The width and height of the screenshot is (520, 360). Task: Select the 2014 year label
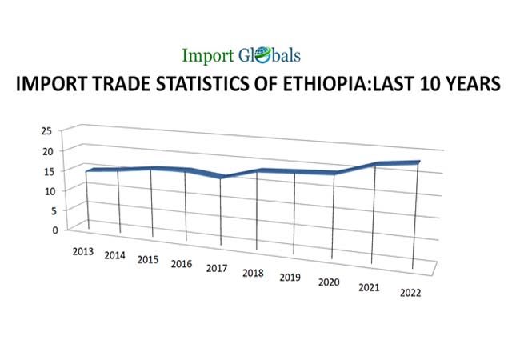(115, 255)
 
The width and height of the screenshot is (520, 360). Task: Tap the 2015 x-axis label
(148, 259)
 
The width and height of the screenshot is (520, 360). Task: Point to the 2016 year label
(182, 264)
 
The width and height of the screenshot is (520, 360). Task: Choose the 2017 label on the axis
(217, 268)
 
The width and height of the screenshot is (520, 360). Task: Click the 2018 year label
(254, 273)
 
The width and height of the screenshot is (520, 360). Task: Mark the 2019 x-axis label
(290, 278)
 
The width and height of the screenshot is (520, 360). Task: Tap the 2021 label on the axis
(369, 287)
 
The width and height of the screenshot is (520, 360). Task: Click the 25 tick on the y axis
(46, 130)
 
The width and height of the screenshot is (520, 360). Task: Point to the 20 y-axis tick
(46, 150)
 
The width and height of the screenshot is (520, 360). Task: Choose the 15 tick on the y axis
(46, 170)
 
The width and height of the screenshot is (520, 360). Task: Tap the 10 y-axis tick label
(46, 190)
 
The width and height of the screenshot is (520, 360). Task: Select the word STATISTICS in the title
(201, 84)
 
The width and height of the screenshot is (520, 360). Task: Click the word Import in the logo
(208, 56)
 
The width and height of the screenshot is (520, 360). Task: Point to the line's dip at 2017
(221, 177)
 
